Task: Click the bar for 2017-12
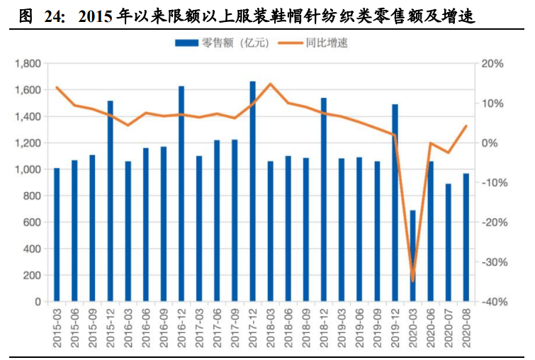252,191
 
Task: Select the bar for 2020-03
412,256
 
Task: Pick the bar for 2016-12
181,194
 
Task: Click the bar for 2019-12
395,203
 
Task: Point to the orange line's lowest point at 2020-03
412,280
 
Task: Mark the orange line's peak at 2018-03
270,84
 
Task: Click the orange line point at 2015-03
57,88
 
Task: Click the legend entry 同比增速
327,43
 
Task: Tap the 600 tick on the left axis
33,223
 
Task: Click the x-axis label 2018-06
288,327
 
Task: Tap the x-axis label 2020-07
448,327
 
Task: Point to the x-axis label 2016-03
128,327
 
